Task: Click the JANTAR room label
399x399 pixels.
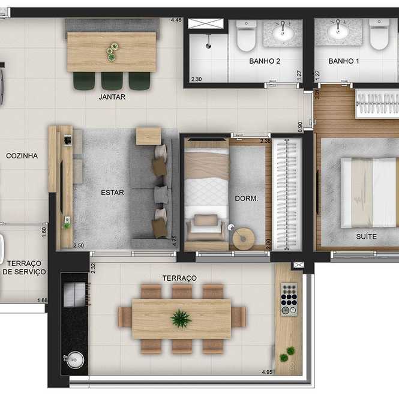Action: coord(112,97)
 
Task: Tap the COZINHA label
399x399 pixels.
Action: coord(22,156)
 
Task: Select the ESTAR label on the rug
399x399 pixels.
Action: coord(112,193)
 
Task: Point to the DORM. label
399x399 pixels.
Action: coord(247,199)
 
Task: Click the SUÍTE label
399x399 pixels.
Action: coord(366,236)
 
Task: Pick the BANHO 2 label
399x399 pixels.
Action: coord(265,61)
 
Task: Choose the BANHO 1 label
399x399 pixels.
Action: coord(344,61)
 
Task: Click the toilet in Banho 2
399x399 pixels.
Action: coord(246,35)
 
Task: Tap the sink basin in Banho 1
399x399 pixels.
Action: coord(338,31)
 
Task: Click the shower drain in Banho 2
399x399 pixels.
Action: coord(208,46)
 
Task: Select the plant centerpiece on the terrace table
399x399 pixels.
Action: coord(181,319)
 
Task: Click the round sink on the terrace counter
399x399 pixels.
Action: coord(74,359)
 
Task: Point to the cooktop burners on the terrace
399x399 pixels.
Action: coord(289,299)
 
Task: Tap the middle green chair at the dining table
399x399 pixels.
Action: coord(112,80)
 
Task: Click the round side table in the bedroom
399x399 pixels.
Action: coord(244,238)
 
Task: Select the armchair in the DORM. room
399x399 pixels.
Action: coord(206,227)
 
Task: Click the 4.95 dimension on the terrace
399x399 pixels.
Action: coord(267,372)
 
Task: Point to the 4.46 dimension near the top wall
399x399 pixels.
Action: coord(176,20)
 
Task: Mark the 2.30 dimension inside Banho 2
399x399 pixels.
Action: coord(196,79)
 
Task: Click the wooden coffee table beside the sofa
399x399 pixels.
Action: coord(149,136)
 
